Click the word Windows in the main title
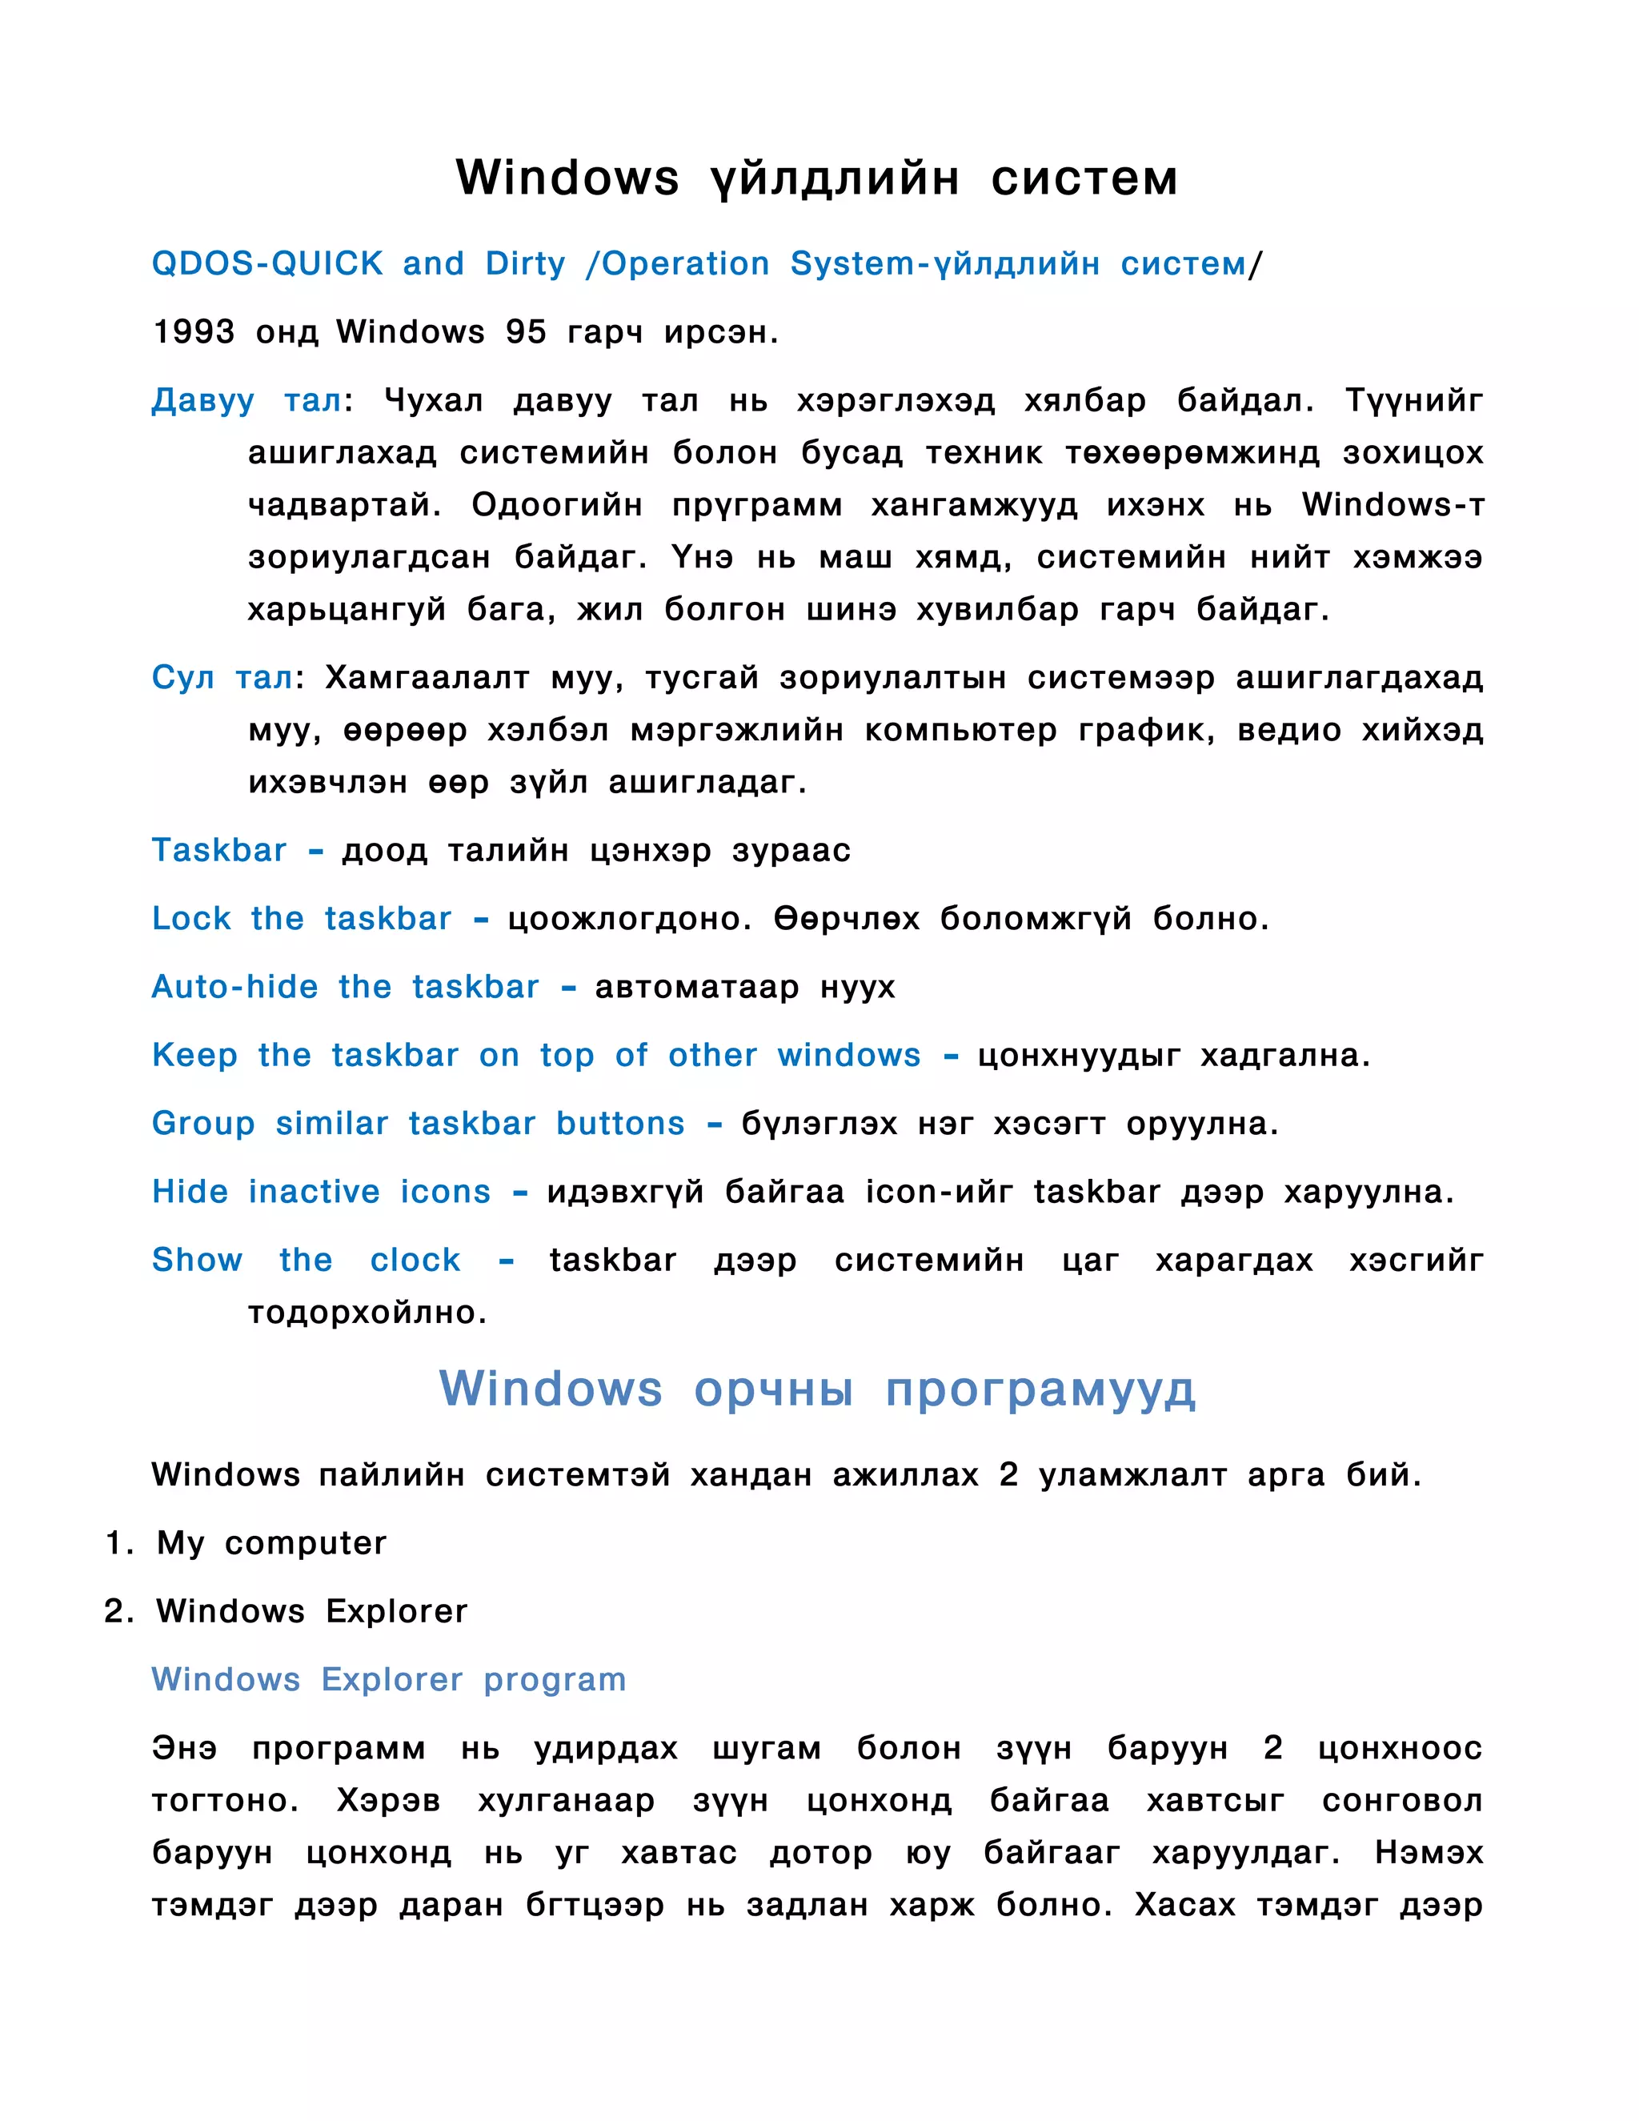pos(567,178)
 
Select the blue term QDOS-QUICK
pos(267,264)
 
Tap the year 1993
pos(193,332)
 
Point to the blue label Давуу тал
pos(246,400)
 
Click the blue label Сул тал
pos(222,677)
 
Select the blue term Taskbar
pos(219,851)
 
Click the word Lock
pos(191,919)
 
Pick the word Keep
pos(194,1055)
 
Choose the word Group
pos(203,1124)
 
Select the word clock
pos(415,1260)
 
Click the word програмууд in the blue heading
pos(1040,1389)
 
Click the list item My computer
pos(271,1543)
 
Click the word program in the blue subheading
pos(555,1680)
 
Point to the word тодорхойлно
pos(367,1313)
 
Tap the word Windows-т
pos(1393,505)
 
